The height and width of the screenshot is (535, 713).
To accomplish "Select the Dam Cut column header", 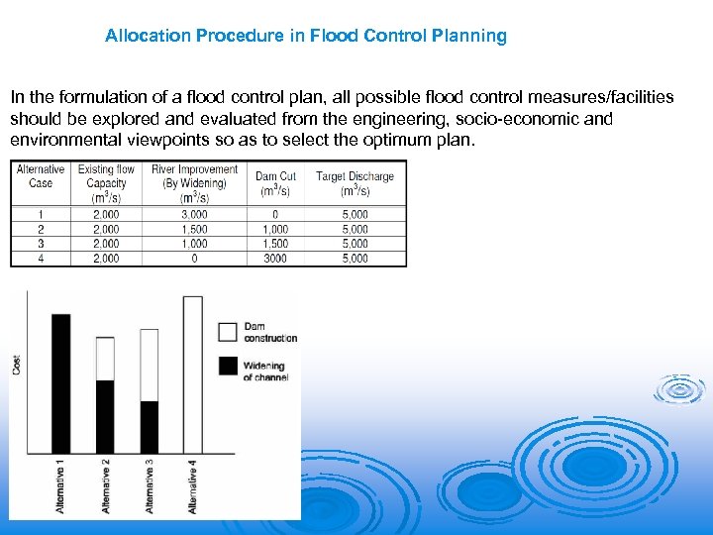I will [x=275, y=183].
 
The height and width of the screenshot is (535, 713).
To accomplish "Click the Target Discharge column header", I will [x=355, y=183].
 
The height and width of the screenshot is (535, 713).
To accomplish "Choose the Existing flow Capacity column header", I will [x=106, y=182].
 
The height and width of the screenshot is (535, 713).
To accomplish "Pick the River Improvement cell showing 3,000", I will [x=194, y=214].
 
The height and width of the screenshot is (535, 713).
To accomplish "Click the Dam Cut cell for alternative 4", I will [x=275, y=259].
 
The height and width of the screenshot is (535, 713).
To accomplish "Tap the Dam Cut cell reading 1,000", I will [x=275, y=229].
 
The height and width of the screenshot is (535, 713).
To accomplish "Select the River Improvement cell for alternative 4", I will [x=194, y=259].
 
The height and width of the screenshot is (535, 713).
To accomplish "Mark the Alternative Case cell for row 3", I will [x=41, y=244].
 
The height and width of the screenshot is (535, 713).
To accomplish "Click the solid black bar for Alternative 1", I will [x=60, y=382].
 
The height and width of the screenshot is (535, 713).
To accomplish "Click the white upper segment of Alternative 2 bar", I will [x=105, y=358].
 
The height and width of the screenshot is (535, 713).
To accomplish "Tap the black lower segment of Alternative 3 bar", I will [x=149, y=427].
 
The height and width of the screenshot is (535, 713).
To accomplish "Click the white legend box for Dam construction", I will [x=228, y=331].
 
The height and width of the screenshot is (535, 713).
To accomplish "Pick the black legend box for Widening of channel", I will [x=228, y=367].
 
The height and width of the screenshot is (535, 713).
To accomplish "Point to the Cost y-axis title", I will [x=17, y=365].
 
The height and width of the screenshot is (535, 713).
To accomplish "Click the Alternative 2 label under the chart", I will [x=105, y=484].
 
